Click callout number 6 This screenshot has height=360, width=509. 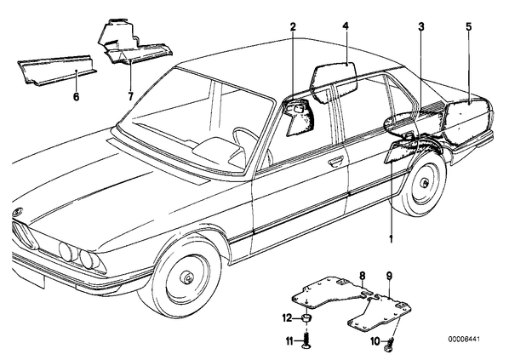[76, 96]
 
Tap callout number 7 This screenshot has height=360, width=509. [130, 96]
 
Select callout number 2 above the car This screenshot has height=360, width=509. [293, 26]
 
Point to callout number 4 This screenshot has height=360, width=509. [346, 26]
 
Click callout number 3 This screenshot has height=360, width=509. [421, 26]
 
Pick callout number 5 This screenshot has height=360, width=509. [468, 26]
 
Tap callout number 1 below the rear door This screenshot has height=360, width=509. [392, 239]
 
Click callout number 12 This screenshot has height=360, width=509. [287, 318]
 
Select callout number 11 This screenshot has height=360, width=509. [289, 341]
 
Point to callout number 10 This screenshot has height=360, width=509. [375, 341]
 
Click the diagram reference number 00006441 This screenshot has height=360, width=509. [464, 340]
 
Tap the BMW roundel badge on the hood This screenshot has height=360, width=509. [17, 212]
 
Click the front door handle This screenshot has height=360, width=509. [335, 160]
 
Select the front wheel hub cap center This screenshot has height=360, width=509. [187, 277]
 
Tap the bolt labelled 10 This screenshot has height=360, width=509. [390, 344]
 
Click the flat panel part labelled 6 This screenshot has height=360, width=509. [57, 71]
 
